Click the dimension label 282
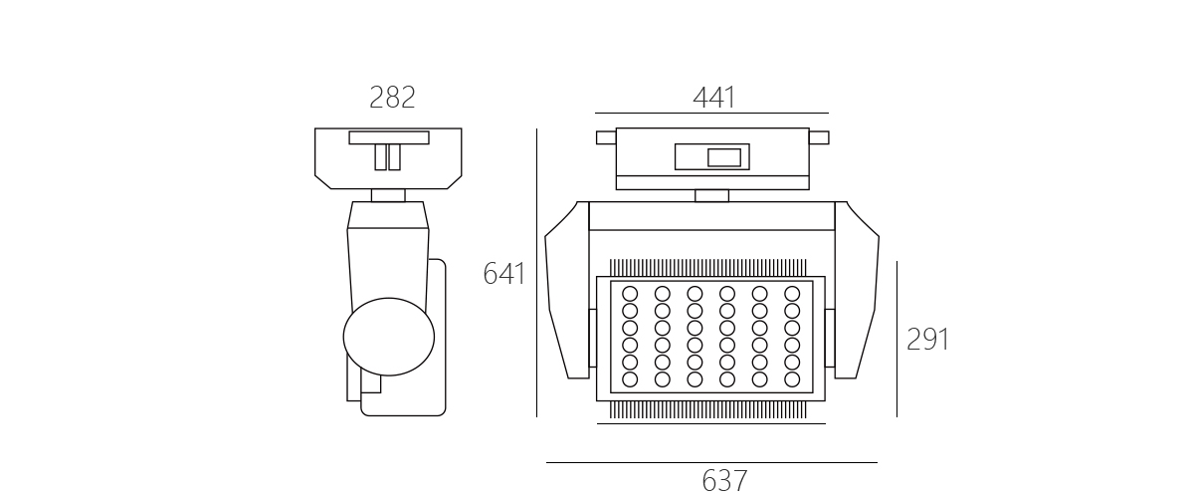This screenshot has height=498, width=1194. click(x=392, y=98)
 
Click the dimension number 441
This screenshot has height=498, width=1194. click(x=714, y=98)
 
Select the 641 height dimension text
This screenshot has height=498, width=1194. click(x=503, y=273)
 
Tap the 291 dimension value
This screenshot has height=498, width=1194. click(x=928, y=340)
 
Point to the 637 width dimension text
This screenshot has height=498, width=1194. click(x=725, y=481)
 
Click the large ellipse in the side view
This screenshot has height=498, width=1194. click(x=389, y=337)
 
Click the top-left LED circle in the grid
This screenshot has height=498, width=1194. click(x=630, y=294)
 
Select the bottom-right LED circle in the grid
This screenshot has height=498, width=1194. click(x=792, y=379)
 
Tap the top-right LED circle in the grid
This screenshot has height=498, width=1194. click(x=792, y=294)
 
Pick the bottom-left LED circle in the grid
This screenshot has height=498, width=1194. click(x=630, y=379)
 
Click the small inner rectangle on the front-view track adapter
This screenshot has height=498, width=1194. click(x=724, y=157)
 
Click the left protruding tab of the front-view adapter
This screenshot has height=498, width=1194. click(x=606, y=137)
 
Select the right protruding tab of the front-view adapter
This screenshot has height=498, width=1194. click(x=819, y=137)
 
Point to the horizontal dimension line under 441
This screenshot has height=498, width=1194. click(x=711, y=114)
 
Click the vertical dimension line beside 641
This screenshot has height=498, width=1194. click(x=536, y=272)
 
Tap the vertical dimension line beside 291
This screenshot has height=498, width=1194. click(x=897, y=339)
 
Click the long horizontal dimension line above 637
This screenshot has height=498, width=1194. click(x=711, y=463)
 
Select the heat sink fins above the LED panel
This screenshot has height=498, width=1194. click(x=707, y=268)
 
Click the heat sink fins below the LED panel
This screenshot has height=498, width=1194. click(x=707, y=409)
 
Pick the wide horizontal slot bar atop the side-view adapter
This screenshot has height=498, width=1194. click(x=389, y=137)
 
